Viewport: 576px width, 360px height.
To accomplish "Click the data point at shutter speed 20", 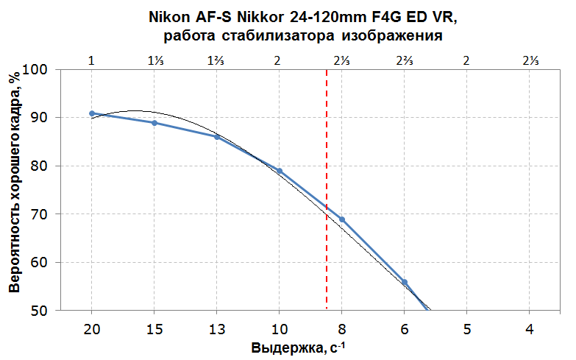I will pos(92,113).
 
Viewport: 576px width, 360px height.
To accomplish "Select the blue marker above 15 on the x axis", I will pos(154,123).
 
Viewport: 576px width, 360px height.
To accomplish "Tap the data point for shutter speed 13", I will pos(216,136).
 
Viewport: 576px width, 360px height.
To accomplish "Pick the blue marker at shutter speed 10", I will pos(280,171).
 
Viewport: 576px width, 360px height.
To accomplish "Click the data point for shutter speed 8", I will pos(342,219).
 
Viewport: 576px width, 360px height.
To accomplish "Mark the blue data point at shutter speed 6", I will pos(405,282).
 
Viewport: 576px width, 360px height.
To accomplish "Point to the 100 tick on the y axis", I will pos(35,69).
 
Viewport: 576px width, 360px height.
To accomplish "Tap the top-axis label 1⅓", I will pos(154,60).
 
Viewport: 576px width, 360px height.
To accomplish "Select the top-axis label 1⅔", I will pos(216,60).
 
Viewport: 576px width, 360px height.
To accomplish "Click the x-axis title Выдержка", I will pos(283,347).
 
